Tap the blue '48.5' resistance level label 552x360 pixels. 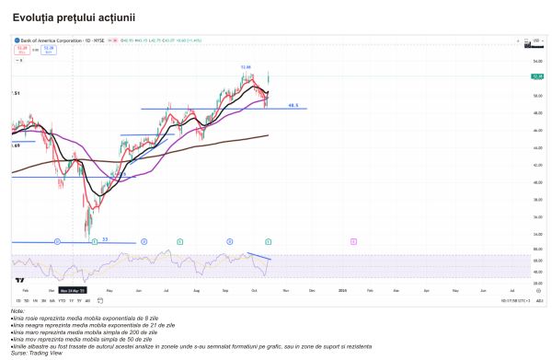[293, 106]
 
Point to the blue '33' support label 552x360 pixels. [105, 239]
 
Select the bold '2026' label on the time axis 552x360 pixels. [341, 290]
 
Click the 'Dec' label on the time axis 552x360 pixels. [312, 290]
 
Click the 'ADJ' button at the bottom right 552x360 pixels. [540, 301]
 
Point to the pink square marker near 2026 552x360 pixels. [354, 240]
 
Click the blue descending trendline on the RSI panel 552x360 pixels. [259, 255]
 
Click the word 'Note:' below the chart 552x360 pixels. [18, 311]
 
